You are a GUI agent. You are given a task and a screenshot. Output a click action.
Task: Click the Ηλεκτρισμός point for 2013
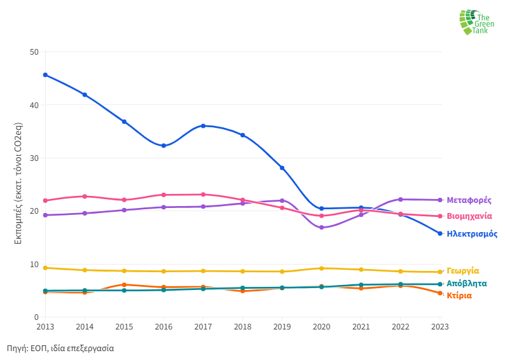pos(45,75)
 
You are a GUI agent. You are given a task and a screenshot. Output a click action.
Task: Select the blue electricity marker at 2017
pos(203,126)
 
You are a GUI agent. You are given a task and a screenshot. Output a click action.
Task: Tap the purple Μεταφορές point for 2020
pos(321,228)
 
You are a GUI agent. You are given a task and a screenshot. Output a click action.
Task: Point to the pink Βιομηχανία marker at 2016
pos(163,195)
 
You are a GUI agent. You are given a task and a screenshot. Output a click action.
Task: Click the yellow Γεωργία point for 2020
pos(321,268)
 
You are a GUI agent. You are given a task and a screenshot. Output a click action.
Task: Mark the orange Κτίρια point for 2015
pos(124,285)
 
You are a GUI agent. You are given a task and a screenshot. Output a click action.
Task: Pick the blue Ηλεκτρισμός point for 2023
pos(439,233)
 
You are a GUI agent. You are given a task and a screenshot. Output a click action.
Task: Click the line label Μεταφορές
pos(469,200)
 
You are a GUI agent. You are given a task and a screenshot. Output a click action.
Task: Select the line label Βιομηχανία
pos(469,216)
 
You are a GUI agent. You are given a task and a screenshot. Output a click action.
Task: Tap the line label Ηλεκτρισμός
pos(472,234)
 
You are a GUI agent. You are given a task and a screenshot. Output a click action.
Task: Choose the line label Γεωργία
pos(463,270)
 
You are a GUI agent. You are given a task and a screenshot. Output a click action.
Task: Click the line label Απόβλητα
pos(467,283)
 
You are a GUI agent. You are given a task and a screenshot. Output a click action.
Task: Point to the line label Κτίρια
pos(459,295)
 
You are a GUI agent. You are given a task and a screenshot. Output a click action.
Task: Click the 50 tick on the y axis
pos(34,52)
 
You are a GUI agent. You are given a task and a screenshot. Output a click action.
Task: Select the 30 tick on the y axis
pos(34,158)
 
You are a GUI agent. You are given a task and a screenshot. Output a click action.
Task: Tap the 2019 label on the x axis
pos(282,327)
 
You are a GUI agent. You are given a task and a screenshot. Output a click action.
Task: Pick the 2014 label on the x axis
pos(85,327)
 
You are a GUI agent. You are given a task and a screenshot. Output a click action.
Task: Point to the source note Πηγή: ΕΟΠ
pos(60,349)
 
